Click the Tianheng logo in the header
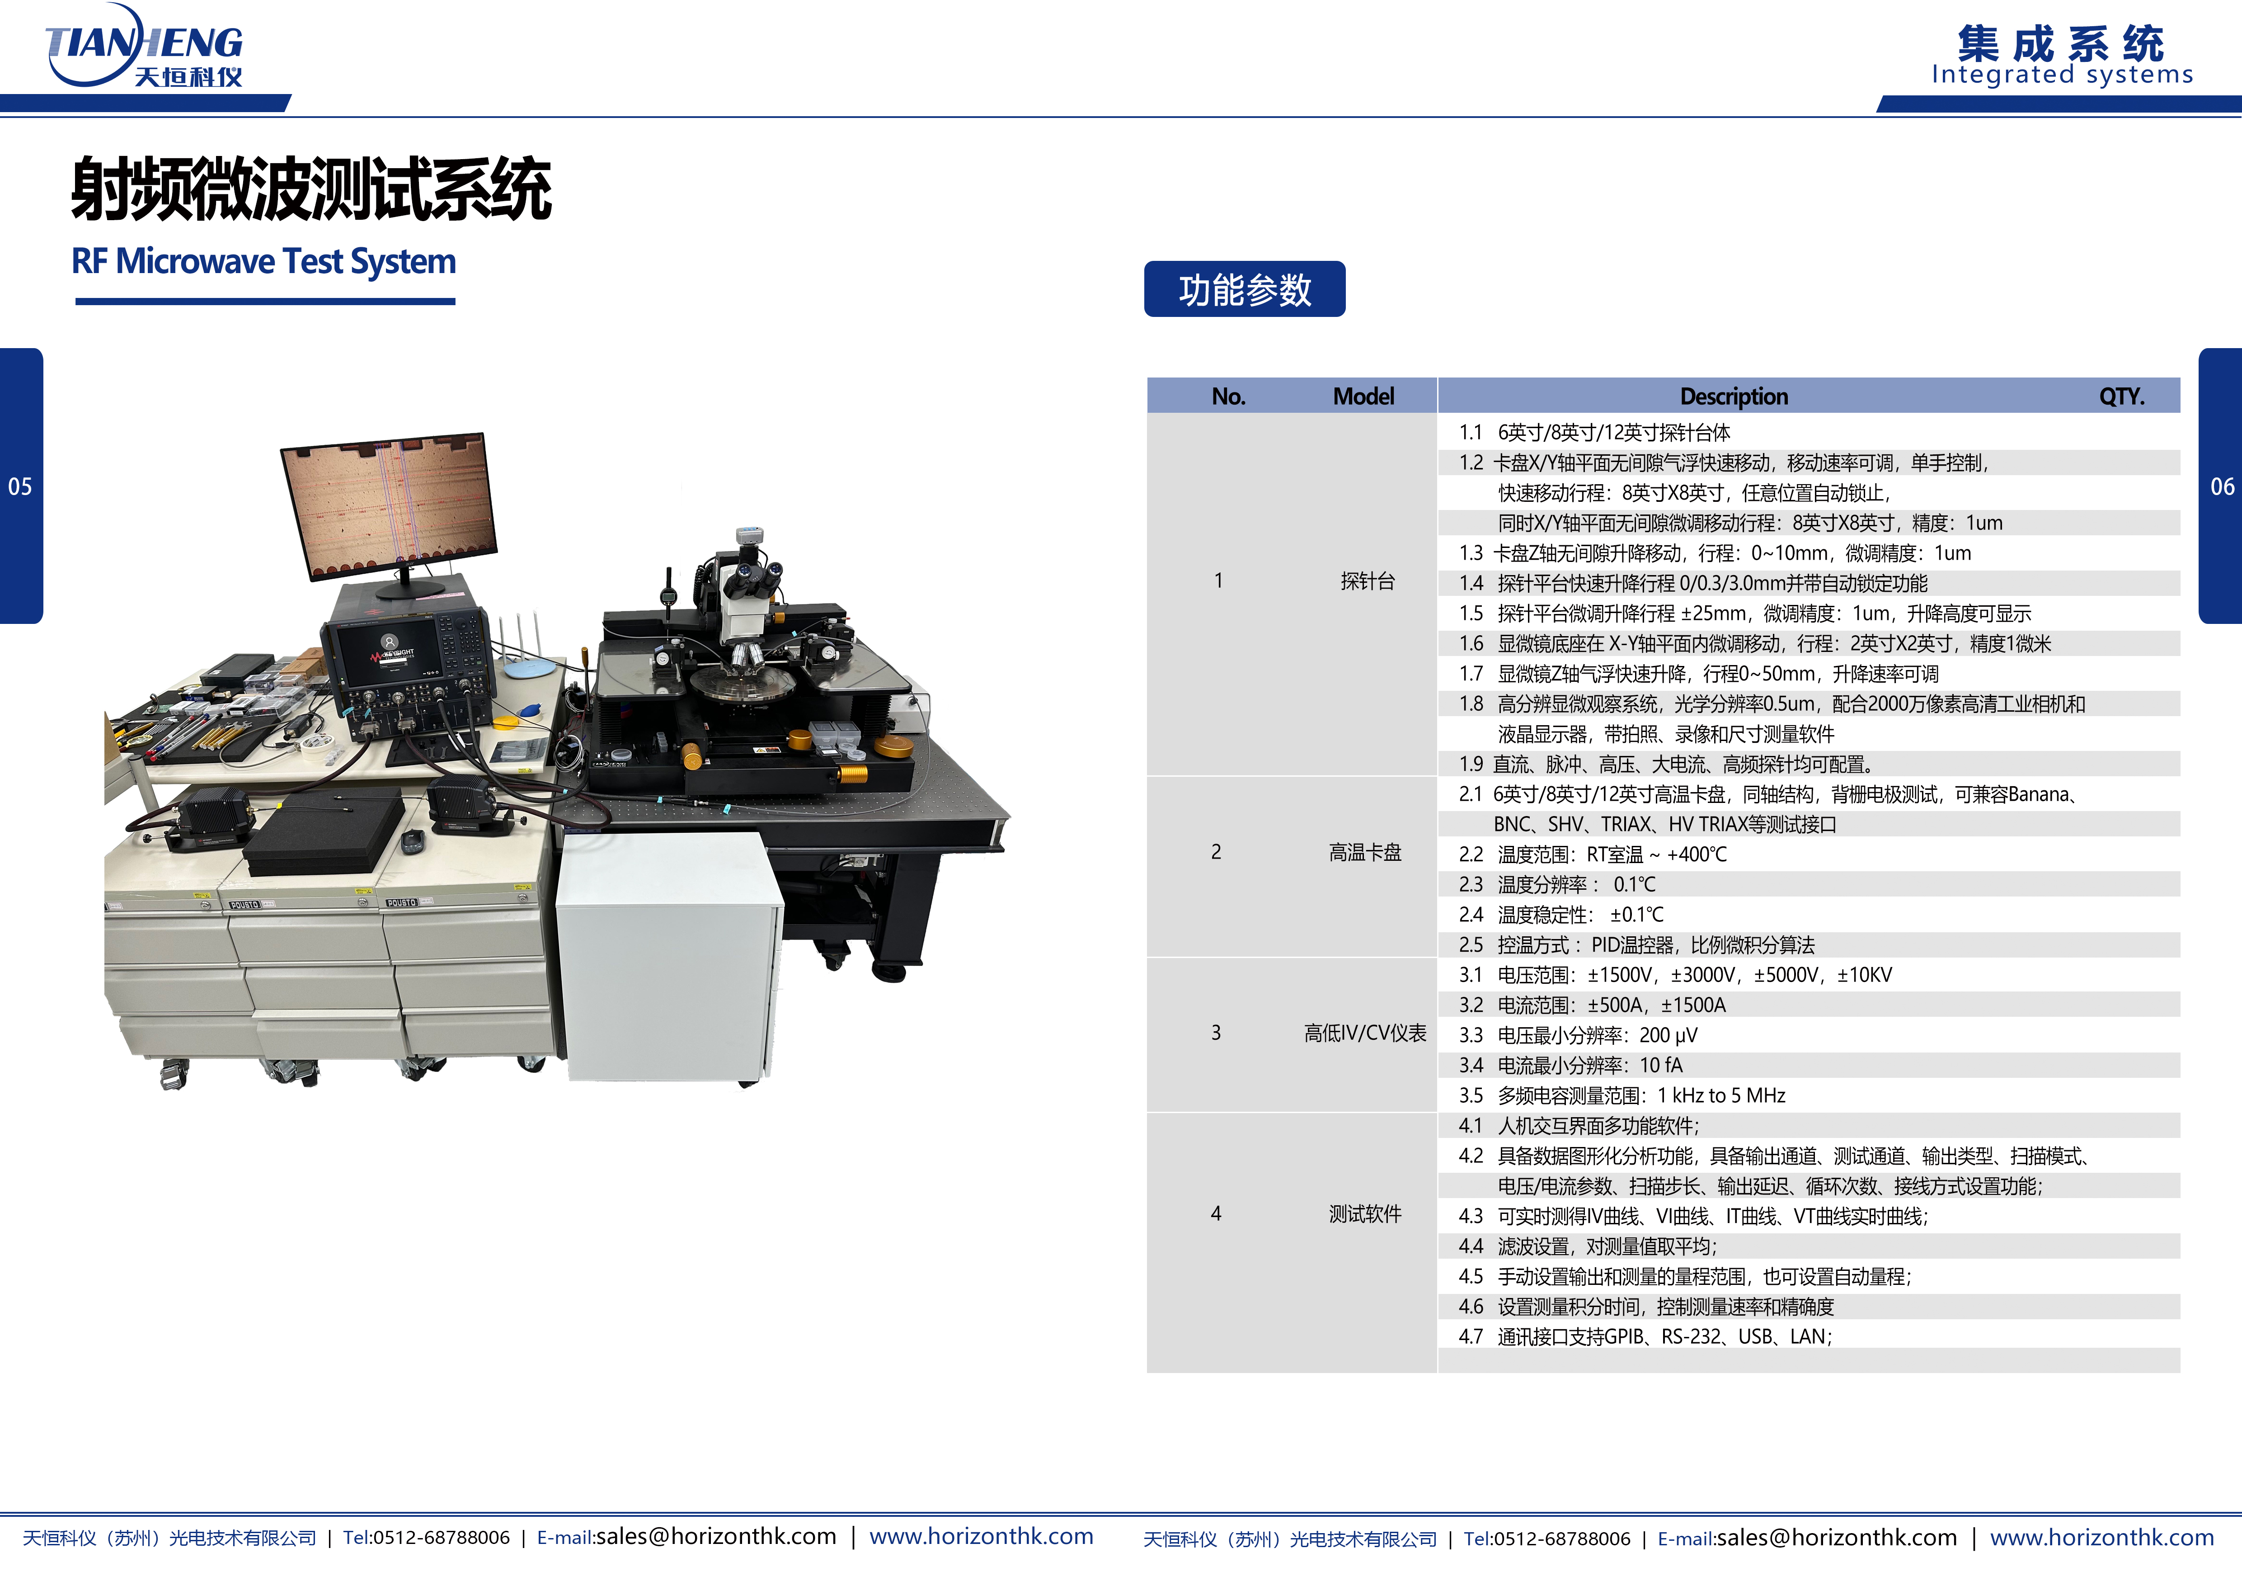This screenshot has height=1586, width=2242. [145, 47]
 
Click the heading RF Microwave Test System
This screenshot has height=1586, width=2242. [263, 262]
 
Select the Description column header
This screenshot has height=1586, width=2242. [1733, 396]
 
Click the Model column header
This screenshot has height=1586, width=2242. [1363, 396]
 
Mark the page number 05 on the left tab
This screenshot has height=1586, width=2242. [20, 486]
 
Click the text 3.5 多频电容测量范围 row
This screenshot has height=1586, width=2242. [1621, 1096]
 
